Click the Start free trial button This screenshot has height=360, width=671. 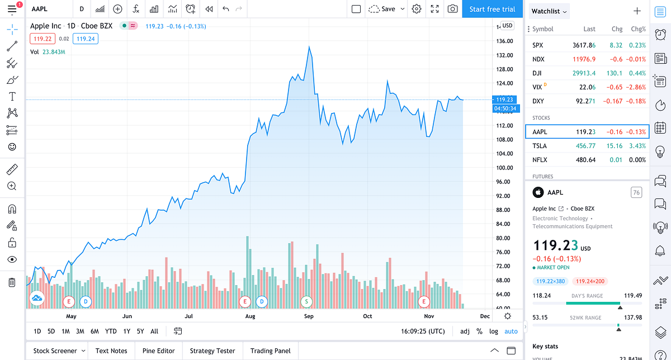[492, 9]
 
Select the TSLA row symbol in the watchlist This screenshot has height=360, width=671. [540, 146]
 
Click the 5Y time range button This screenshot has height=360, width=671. [140, 331]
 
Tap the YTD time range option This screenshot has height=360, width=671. [111, 331]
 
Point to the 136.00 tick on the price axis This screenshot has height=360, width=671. [505, 41]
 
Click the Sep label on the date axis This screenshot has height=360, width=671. [309, 316]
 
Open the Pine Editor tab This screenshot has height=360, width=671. [158, 351]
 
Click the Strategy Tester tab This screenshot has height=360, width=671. [212, 351]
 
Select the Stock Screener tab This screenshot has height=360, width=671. [55, 351]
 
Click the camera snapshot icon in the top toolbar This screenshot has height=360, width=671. [452, 9]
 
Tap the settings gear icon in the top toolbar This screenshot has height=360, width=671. [417, 9]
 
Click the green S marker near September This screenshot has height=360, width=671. [306, 301]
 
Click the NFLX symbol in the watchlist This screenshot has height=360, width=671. [540, 160]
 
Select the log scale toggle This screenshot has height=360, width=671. [494, 331]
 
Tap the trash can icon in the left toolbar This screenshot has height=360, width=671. [12, 282]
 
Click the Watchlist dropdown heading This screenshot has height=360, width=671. [549, 11]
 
